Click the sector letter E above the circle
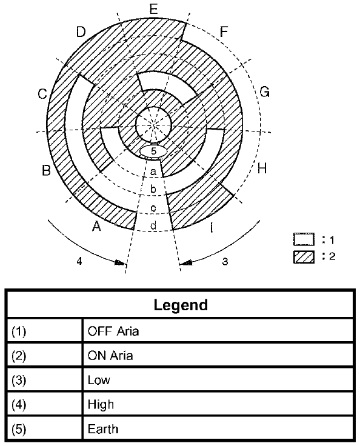tap(153, 9)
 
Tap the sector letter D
tap(81, 32)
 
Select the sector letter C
tap(42, 94)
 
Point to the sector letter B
tap(46, 170)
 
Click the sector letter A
tap(97, 227)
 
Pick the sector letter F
tap(224, 32)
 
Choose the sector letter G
tap(264, 92)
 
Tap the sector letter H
tap(262, 168)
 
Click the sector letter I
tap(211, 228)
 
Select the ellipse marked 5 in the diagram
tap(153, 151)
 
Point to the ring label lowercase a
tap(153, 171)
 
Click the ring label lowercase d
tap(153, 225)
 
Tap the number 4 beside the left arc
tap(79, 261)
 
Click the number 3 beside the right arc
tap(225, 261)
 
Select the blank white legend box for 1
tap(304, 239)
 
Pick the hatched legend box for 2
tap(304, 257)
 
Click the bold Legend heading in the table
tap(181, 305)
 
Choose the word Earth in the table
tap(103, 429)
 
